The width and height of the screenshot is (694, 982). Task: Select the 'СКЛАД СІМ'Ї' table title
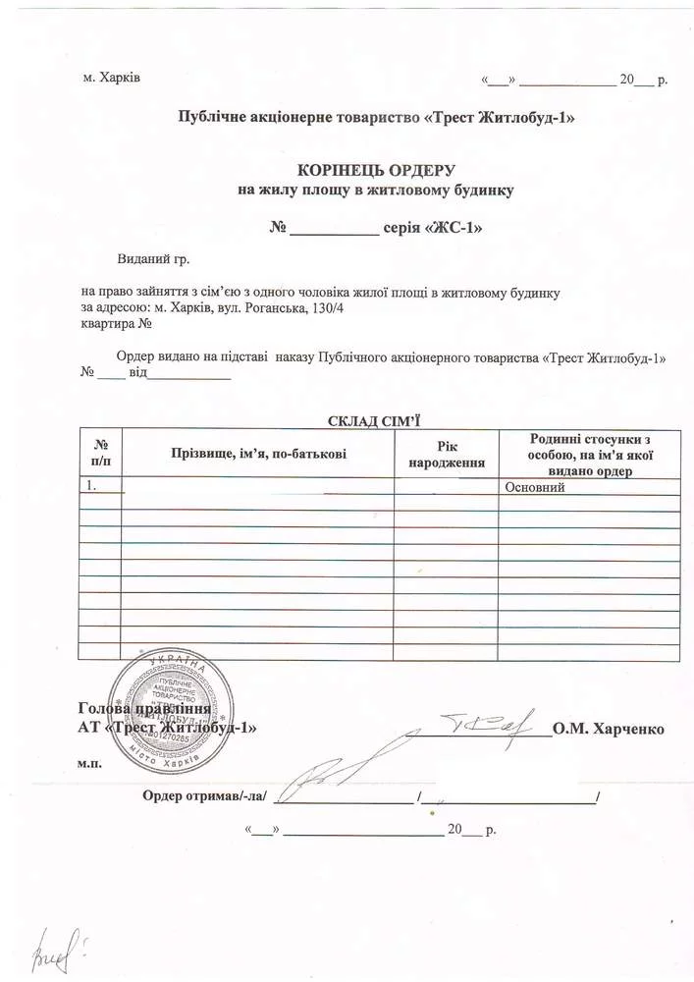pos(372,420)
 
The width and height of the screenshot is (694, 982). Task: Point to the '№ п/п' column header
pos(99,453)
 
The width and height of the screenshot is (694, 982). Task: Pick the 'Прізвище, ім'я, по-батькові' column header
pos(258,453)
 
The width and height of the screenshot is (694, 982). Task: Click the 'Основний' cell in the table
pos(534,486)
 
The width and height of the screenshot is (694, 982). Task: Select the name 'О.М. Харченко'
pos(609,729)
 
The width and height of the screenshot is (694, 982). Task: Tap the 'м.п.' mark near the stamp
pos(88,761)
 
